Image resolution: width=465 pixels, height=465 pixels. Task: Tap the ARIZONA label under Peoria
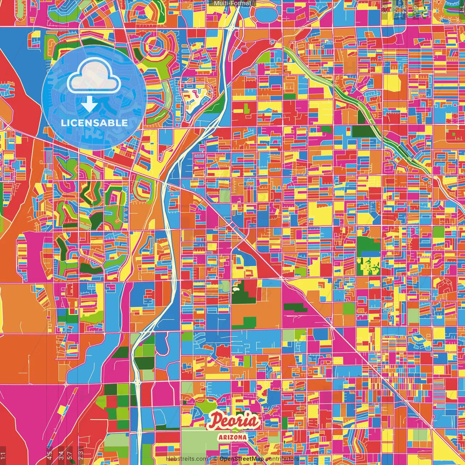(232, 437)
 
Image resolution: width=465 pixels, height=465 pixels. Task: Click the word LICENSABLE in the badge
(94, 123)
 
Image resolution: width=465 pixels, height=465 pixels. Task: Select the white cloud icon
(94, 77)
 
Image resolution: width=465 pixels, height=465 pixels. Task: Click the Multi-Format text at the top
(232, 3)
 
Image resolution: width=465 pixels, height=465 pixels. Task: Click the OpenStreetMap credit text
(242, 459)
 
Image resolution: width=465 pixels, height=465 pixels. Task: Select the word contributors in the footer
(282, 459)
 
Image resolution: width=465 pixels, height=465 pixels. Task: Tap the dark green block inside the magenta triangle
(295, 308)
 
